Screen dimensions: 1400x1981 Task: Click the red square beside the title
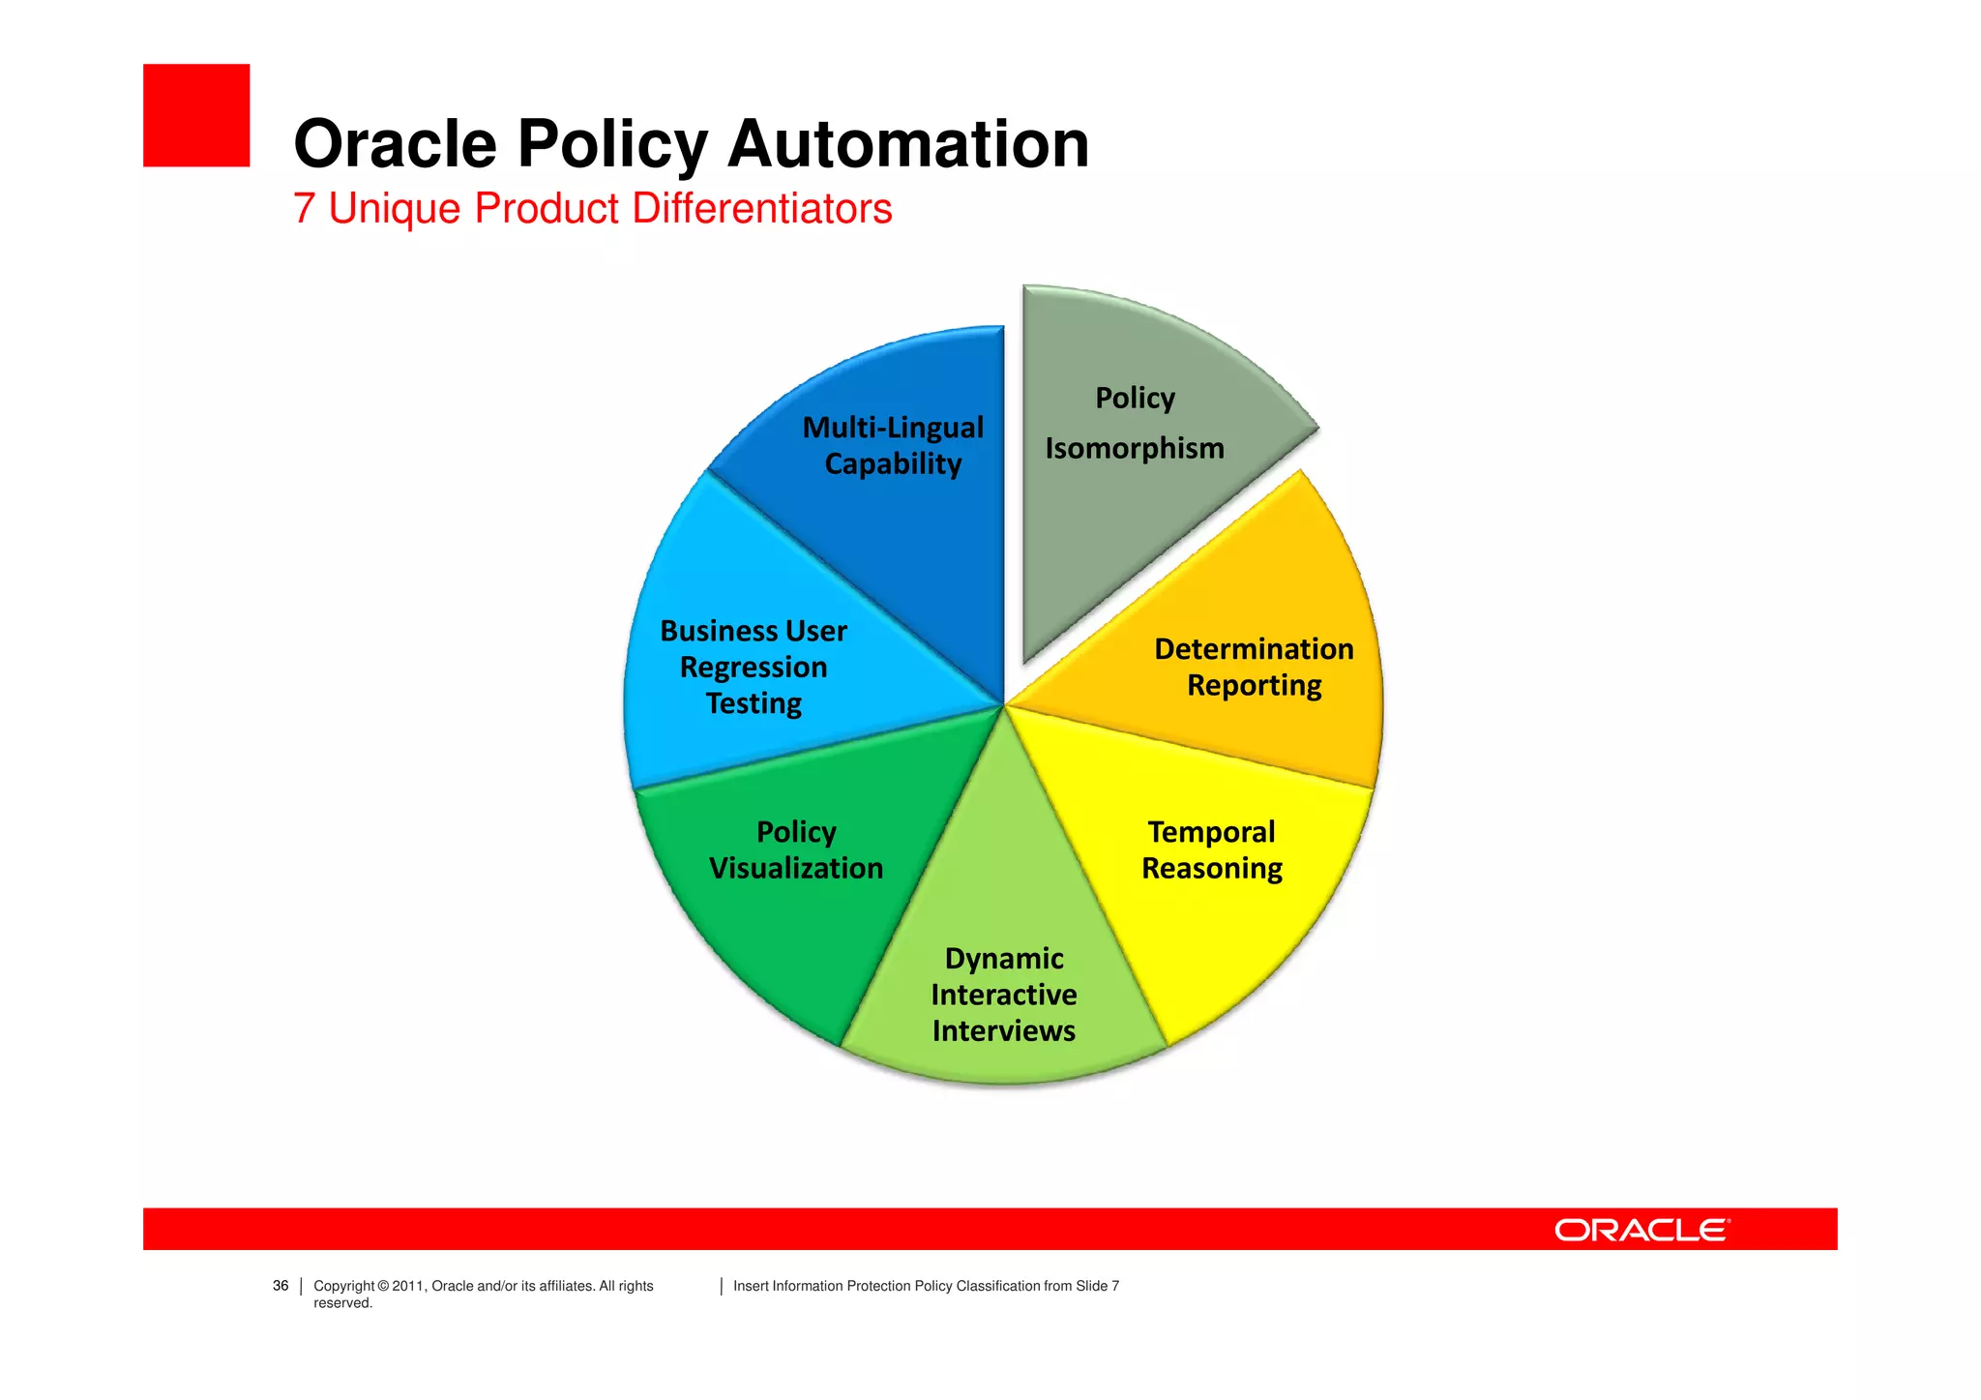tap(196, 115)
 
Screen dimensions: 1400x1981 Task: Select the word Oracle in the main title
tap(395, 144)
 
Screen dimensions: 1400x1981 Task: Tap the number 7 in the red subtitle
tap(304, 209)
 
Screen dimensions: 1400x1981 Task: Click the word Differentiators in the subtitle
tap(761, 209)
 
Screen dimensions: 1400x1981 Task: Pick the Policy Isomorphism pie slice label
tap(1135, 423)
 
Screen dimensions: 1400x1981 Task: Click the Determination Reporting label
tap(1254, 667)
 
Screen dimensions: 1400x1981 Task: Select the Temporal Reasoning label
tap(1211, 849)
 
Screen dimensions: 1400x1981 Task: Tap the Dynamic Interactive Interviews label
tap(1004, 994)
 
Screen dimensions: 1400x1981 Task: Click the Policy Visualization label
tap(796, 849)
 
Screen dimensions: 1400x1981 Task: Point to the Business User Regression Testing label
tap(754, 667)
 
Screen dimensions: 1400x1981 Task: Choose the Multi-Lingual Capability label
tap(893, 445)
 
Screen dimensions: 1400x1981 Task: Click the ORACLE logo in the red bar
tap(1641, 1230)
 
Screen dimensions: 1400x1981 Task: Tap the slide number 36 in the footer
tap(281, 1286)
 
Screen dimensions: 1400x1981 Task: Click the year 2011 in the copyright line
tap(407, 1286)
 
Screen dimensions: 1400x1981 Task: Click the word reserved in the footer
tap(342, 1303)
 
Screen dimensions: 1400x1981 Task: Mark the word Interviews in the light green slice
tap(1004, 1030)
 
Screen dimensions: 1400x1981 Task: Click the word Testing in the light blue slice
tap(754, 703)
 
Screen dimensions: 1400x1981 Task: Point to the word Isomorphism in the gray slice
tap(1135, 448)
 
